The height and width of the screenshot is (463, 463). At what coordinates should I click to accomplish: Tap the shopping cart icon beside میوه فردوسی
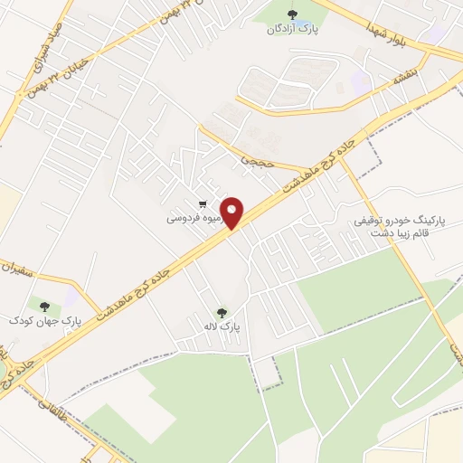point(204,204)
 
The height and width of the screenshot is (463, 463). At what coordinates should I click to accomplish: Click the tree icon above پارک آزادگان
point(291,14)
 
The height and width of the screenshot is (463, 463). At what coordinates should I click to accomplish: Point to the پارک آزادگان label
point(290,29)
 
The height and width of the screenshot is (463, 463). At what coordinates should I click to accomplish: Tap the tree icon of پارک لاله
point(222,313)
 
